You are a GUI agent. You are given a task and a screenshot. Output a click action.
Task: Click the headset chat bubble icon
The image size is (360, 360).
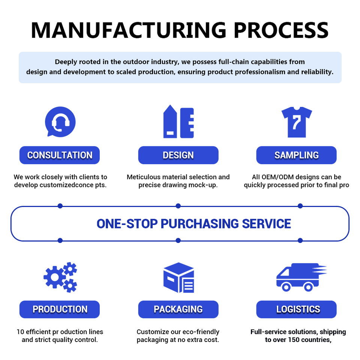[60, 121]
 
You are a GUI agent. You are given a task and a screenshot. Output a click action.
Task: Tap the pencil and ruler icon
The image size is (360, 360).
[178, 121]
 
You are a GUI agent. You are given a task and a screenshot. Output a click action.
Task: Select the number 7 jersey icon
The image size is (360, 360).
[297, 122]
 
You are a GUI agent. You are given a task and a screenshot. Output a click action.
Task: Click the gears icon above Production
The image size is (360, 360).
[60, 277]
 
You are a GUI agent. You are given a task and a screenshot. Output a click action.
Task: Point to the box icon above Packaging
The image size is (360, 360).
[178, 277]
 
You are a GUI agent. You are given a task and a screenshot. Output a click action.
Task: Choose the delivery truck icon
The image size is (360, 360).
[301, 277]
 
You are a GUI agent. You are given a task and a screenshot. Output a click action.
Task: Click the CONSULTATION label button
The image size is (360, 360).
[60, 155]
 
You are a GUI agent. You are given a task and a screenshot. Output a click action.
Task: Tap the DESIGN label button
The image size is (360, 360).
[178, 155]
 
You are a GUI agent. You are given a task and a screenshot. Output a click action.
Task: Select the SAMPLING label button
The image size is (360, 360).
[296, 155]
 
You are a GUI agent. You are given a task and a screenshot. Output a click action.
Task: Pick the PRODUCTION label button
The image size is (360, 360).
[60, 309]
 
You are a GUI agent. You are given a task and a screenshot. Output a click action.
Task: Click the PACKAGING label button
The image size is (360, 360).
[178, 309]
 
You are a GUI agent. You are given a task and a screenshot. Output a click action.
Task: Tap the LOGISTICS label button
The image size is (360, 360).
[296, 309]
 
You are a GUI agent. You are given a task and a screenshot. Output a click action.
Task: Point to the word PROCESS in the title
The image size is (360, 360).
[281, 30]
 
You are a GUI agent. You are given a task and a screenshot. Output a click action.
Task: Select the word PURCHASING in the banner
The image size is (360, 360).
[199, 223]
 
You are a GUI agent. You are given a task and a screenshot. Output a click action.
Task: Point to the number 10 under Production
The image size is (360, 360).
[20, 332]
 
